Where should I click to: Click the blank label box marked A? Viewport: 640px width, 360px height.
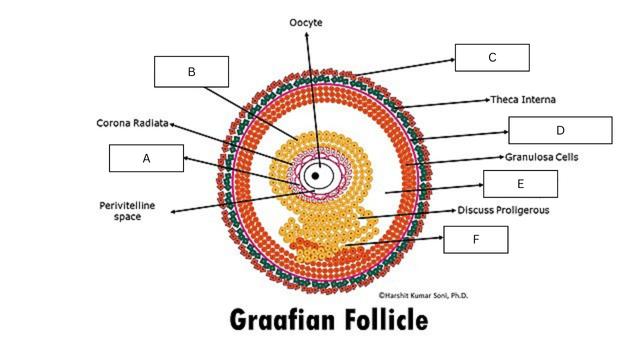tap(146, 158)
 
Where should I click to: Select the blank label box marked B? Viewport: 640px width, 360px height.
tap(191, 71)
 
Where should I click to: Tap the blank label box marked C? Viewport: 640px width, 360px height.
tap(492, 58)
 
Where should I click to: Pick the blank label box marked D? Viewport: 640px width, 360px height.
tap(560, 130)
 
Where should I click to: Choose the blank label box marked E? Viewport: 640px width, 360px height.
tap(520, 184)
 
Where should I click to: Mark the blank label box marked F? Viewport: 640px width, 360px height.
tap(476, 240)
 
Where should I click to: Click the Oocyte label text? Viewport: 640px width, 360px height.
tap(306, 22)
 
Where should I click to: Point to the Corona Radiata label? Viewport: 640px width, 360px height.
tap(132, 123)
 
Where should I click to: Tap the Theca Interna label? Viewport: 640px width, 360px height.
tap(523, 100)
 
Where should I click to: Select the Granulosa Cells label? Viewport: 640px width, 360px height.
tap(542, 157)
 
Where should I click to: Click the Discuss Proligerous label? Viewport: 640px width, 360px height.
tap(503, 210)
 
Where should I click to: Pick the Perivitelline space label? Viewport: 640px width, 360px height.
tap(127, 211)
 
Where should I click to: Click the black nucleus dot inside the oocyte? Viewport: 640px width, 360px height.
tap(315, 176)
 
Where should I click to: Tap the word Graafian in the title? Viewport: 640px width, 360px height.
tap(281, 320)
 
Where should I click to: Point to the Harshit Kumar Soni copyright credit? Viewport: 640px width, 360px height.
tap(423, 295)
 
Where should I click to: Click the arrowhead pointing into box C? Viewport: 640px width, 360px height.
tap(453, 60)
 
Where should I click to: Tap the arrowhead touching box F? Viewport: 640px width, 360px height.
tap(441, 237)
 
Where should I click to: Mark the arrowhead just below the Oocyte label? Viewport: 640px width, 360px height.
tap(307, 34)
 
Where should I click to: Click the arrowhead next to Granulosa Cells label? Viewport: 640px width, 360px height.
tap(502, 157)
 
